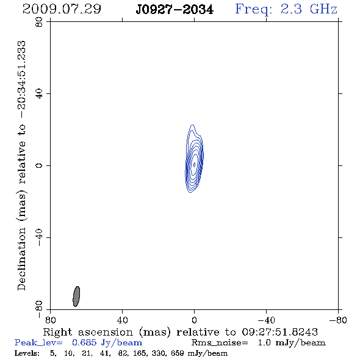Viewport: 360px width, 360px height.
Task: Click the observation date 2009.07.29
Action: point(62,9)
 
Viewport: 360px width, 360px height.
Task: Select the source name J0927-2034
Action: point(175,10)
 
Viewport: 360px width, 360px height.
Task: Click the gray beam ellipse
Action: point(76,297)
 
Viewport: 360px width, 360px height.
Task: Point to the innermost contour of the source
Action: point(194,165)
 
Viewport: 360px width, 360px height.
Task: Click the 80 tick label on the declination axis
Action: point(39,22)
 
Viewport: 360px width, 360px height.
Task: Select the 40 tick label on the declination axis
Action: point(39,94)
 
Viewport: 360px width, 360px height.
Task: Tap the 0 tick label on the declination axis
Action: point(39,165)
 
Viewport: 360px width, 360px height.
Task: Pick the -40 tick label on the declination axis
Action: point(39,237)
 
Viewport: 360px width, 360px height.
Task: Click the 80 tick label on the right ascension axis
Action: point(50,320)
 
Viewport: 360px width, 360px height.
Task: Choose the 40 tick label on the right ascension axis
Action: point(123,320)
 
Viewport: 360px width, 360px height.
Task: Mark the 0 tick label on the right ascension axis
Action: point(194,320)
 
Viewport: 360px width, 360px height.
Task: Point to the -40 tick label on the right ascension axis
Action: point(266,320)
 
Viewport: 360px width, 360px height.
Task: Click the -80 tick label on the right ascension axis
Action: point(338,320)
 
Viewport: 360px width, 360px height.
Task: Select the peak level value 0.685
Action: point(84,342)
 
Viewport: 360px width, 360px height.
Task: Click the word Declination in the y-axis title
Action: point(21,259)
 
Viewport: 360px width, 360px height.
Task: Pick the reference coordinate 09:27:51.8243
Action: point(279,332)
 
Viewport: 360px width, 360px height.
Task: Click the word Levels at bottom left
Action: point(27,353)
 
